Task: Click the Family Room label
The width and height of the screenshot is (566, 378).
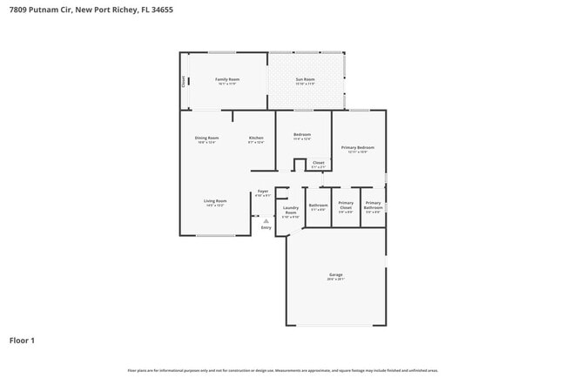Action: tap(227, 79)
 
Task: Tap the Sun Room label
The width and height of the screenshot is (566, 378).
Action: tap(305, 79)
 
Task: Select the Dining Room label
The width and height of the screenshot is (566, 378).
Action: tap(206, 138)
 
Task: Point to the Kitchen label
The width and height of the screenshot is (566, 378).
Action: tap(256, 138)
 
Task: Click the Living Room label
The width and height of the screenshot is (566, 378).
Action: tap(215, 201)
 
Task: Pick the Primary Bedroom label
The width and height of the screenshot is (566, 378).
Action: tap(358, 148)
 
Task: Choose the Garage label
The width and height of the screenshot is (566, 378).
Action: tap(336, 275)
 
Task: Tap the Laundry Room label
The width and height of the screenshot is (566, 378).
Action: tap(291, 210)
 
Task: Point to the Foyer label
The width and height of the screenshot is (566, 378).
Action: tap(262, 190)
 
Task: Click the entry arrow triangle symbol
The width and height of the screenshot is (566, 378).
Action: tap(266, 221)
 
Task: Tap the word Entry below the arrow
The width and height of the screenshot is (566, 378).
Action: tap(266, 228)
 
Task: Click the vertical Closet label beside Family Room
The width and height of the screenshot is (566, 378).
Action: tap(183, 81)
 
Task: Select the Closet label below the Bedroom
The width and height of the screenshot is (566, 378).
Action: tap(318, 162)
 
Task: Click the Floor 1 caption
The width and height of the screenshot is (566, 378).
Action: tap(22, 340)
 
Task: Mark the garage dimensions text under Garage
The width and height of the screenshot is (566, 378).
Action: tap(336, 280)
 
